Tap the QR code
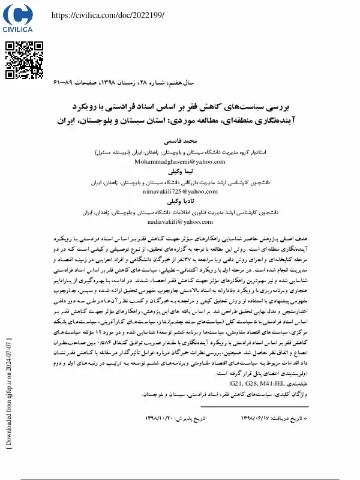(x=25, y=60)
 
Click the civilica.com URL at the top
(x=108, y=16)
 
